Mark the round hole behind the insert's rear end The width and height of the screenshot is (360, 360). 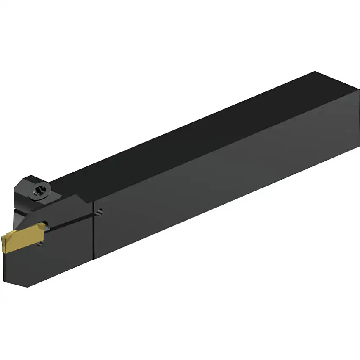click(46, 224)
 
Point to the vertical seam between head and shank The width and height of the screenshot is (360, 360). click(93, 231)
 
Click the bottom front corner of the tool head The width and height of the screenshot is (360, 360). click(26, 287)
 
